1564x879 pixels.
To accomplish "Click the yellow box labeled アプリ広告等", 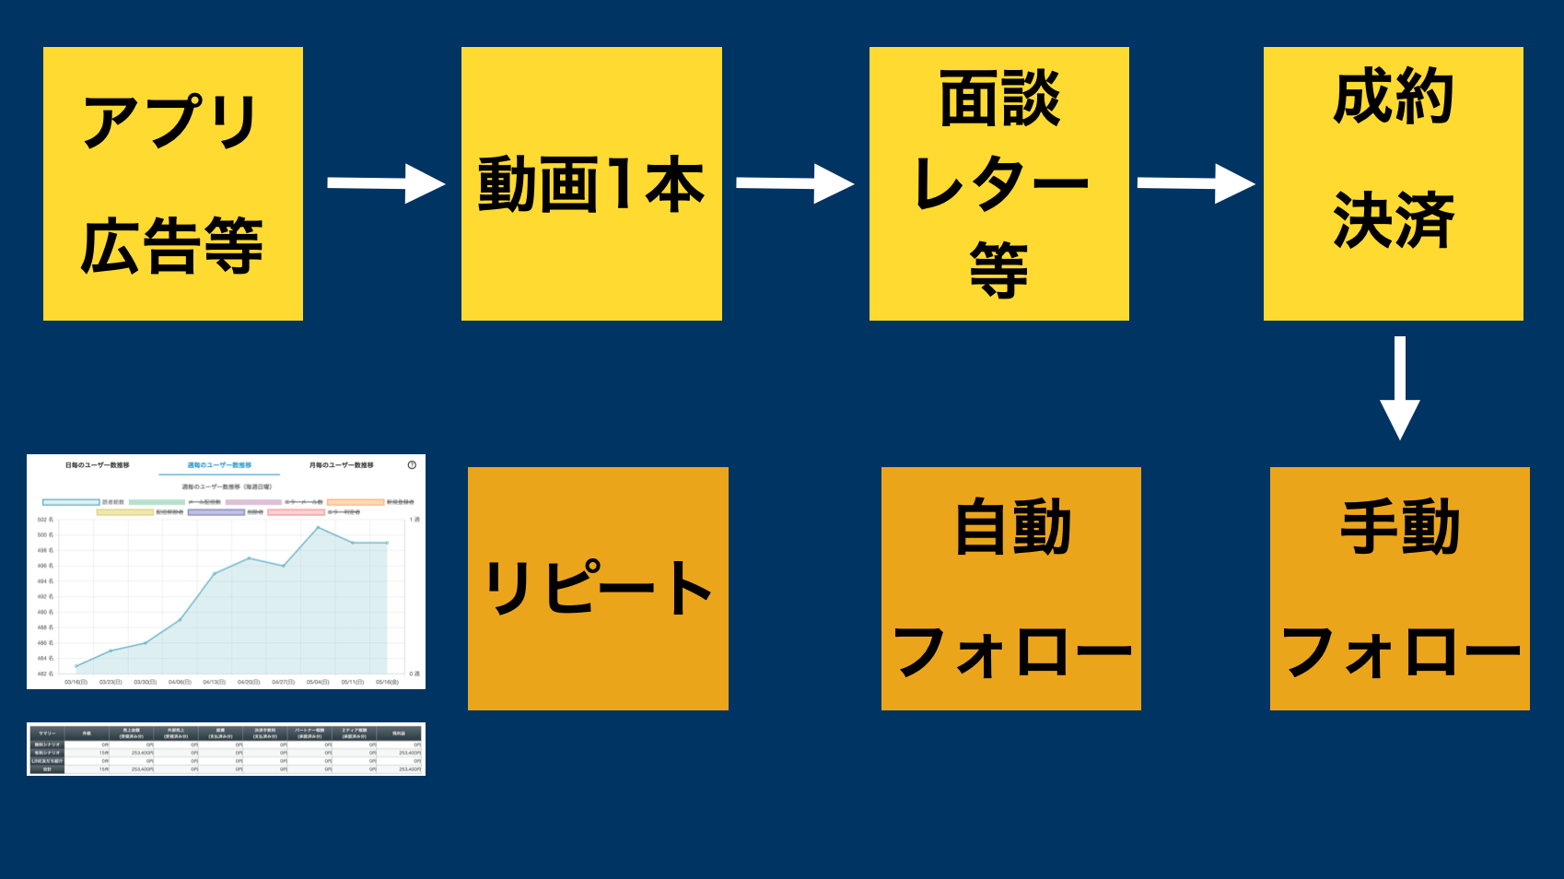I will pyautogui.click(x=173, y=184).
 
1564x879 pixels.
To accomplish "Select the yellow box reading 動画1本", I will pyautogui.click(x=591, y=184).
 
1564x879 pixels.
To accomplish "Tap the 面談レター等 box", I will pyautogui.click(x=999, y=184).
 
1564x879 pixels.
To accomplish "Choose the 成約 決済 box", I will pyautogui.click(x=1393, y=184).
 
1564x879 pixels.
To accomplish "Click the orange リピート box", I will pyautogui.click(x=598, y=589).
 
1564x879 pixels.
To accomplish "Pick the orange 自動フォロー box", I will pyautogui.click(x=1011, y=589).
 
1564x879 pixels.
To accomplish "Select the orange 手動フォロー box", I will pyautogui.click(x=1400, y=589).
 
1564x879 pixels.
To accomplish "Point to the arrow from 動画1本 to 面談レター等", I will pyautogui.click(x=794, y=184).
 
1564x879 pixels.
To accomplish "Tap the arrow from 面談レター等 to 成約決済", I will pyautogui.click(x=1195, y=184).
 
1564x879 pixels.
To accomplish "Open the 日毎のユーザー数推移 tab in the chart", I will pyautogui.click(x=97, y=465).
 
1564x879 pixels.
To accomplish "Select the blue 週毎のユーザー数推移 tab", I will pyautogui.click(x=219, y=465).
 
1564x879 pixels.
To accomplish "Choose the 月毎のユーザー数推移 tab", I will pyautogui.click(x=341, y=465).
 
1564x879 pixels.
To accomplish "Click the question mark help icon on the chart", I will pyautogui.click(x=412, y=465).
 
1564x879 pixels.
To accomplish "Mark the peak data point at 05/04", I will pyautogui.click(x=318, y=527).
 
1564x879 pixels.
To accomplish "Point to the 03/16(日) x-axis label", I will pyautogui.click(x=76, y=682).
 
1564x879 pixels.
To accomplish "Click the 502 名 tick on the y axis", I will pyautogui.click(x=45, y=520).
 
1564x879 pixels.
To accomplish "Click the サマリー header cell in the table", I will pyautogui.click(x=47, y=733).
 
